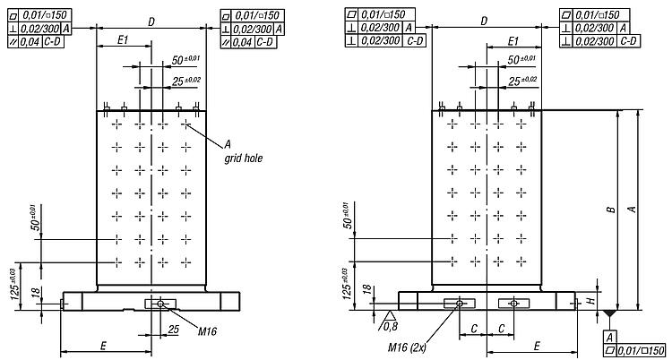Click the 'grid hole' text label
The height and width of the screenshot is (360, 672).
tap(244, 159)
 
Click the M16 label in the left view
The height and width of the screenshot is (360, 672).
tap(207, 330)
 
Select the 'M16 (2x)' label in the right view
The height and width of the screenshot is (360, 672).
tap(407, 347)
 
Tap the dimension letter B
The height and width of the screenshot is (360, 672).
tap(612, 210)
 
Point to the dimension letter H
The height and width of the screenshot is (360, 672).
tap(590, 301)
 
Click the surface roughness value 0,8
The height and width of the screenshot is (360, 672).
tap(391, 327)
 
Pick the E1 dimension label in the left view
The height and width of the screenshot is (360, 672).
tap(123, 40)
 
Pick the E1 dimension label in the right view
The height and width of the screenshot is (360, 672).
tap(513, 41)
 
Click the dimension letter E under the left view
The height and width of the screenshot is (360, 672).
tap(103, 346)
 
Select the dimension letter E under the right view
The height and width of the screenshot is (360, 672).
tap(537, 346)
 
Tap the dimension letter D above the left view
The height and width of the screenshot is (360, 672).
tap(151, 21)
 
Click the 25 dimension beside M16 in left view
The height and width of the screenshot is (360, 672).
tap(173, 330)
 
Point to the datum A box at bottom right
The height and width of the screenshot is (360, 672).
tap(609, 337)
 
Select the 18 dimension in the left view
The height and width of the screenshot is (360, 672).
tap(37, 292)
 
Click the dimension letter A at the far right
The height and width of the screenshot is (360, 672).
tap(632, 210)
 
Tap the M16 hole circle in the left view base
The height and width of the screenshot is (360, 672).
tap(160, 304)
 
